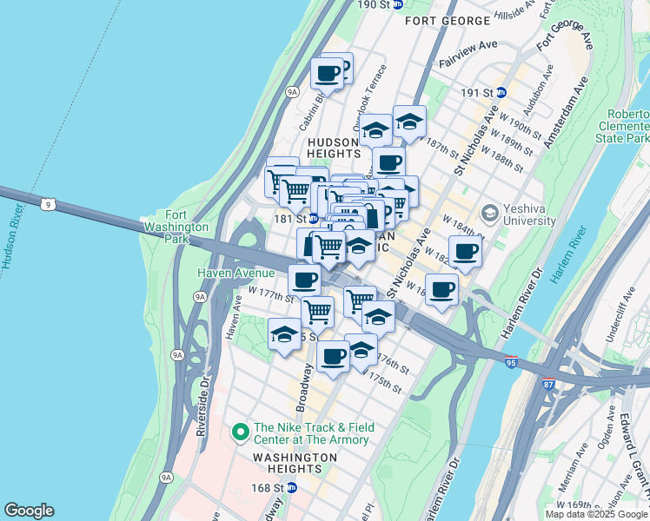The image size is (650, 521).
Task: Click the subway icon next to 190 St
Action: click(397, 4)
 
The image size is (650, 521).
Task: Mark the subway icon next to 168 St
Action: click(292, 488)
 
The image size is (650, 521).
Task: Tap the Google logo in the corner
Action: click(29, 511)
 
